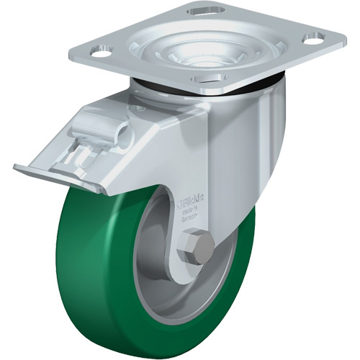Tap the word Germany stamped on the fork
tap(189, 215)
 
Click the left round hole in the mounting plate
tap(103, 53)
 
